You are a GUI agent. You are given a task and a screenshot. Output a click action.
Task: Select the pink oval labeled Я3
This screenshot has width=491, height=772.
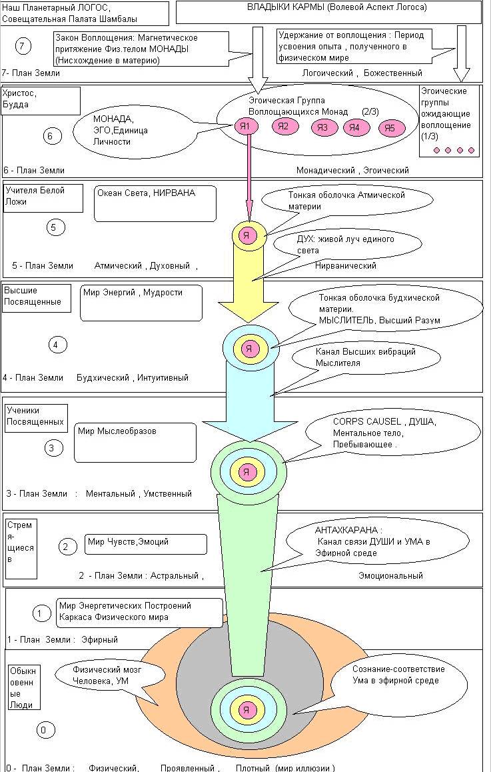[x=323, y=127]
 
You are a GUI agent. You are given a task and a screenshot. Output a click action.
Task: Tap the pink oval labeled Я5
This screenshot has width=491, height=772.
[x=392, y=129]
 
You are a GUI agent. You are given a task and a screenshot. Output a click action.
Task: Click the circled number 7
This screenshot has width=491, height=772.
[x=23, y=45]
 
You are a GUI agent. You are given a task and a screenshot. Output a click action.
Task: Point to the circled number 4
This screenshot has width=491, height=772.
[x=57, y=345]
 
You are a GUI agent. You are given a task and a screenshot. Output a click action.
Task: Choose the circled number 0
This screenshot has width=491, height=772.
[x=43, y=731]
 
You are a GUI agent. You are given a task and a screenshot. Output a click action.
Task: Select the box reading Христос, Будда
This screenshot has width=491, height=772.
[x=41, y=100]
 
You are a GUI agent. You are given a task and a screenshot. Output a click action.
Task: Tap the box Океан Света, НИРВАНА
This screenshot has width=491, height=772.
[x=155, y=203]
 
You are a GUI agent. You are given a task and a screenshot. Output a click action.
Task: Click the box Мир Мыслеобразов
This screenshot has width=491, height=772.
[x=135, y=442]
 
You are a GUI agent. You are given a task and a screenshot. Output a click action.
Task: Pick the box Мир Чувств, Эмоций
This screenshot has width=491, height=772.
[x=145, y=544]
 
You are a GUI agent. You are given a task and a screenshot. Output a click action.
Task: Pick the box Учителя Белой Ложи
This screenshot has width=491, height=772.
[x=43, y=198]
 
